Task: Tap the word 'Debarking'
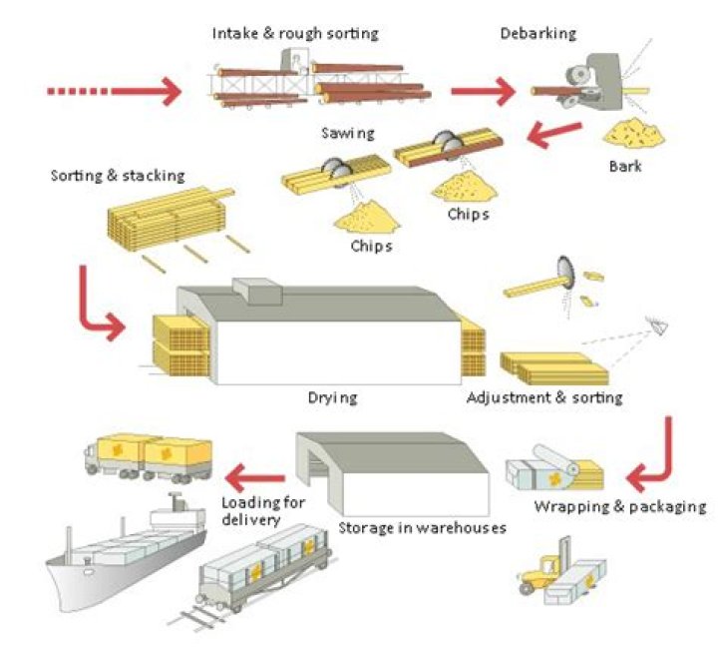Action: point(538,34)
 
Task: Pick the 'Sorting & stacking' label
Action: point(118,176)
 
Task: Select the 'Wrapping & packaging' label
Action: point(620,506)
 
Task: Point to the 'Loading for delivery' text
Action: point(263,510)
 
